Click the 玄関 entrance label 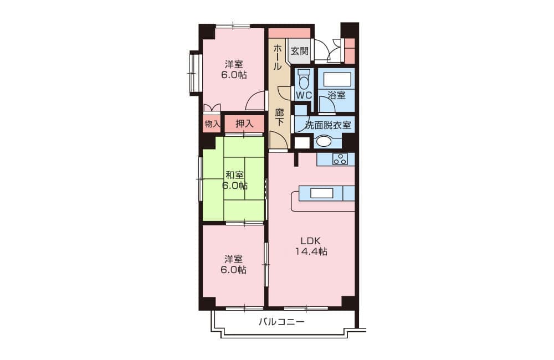(x=299, y=51)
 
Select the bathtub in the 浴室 (x=337, y=80)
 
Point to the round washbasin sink (x=324, y=141)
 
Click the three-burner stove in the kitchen (x=340, y=159)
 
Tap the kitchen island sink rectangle (x=321, y=193)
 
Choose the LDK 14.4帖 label (x=311, y=246)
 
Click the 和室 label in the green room (x=234, y=175)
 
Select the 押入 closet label (x=244, y=124)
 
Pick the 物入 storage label (x=212, y=124)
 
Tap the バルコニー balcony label (x=281, y=322)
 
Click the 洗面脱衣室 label (x=328, y=125)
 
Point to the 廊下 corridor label (x=279, y=117)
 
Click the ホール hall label (x=278, y=56)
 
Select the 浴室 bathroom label (x=336, y=95)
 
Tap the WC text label (x=304, y=95)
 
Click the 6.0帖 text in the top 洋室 (x=234, y=75)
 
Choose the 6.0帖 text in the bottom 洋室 (x=234, y=270)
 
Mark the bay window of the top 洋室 (x=195, y=73)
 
